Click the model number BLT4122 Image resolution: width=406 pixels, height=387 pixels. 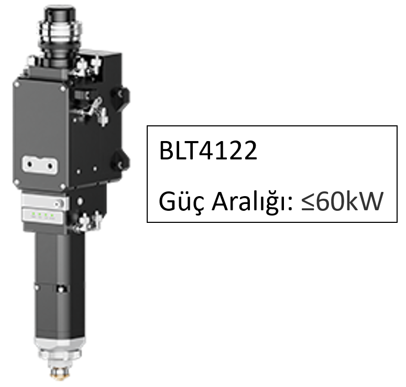208,150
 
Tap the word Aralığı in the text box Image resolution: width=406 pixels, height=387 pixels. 253,202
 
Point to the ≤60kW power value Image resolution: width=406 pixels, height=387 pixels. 342,201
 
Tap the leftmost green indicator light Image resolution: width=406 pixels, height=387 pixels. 33,214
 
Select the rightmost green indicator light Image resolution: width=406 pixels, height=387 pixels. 52,215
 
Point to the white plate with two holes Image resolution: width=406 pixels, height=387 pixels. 40,165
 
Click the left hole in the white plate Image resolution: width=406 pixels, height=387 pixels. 30,164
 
